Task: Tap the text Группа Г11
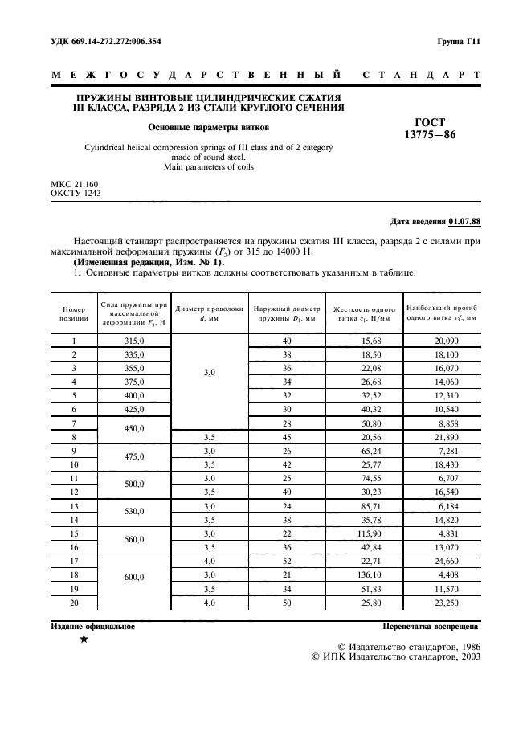[x=458, y=40]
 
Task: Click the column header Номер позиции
[x=73, y=313]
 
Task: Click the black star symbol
[x=84, y=640]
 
